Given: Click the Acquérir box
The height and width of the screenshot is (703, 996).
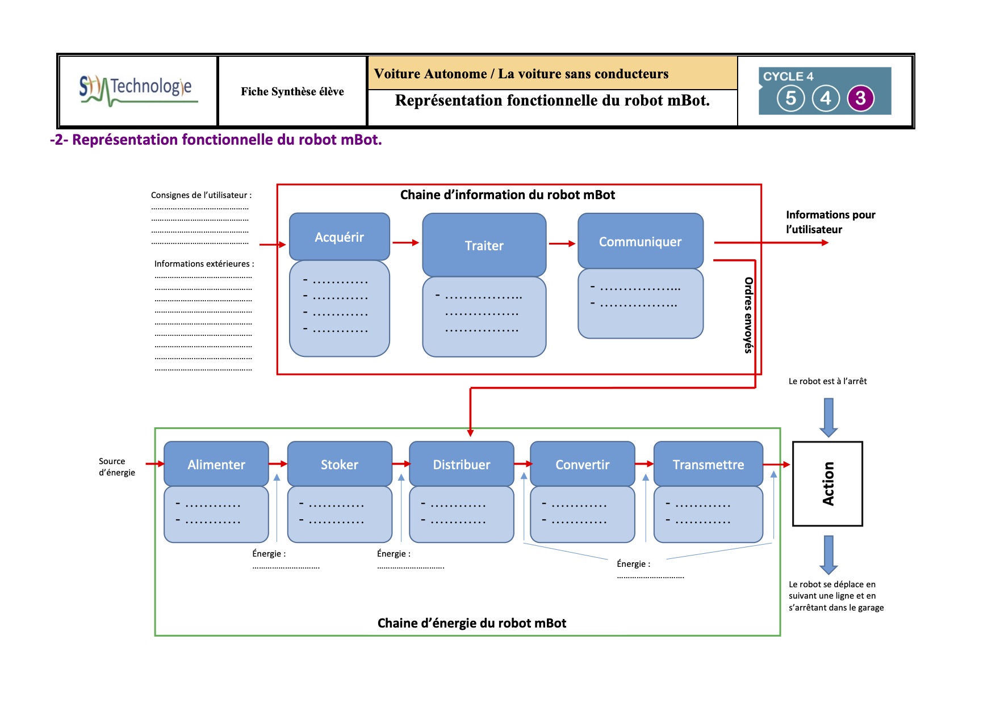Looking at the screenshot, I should click(340, 237).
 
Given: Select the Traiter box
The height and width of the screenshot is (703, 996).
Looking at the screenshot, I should click(484, 245).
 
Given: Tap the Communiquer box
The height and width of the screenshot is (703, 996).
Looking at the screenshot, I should click(640, 242).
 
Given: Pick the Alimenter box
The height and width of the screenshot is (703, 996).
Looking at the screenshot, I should click(216, 465).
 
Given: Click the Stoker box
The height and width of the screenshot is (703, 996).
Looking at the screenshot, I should click(340, 465).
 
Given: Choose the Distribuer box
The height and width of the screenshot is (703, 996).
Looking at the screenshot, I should click(461, 465).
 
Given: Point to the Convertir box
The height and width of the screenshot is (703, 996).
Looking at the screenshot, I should click(582, 465).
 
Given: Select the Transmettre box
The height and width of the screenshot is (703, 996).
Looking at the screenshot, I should click(708, 465).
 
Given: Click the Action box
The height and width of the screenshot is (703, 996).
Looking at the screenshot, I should click(827, 483).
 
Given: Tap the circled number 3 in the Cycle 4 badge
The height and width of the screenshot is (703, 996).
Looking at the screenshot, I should click(861, 98).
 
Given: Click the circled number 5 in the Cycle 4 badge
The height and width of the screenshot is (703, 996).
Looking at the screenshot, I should click(790, 98).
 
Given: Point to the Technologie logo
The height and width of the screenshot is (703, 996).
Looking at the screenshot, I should click(138, 90).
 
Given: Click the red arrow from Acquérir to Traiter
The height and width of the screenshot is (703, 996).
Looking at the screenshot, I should click(405, 243).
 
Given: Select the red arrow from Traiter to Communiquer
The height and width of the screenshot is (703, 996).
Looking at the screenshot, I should click(562, 244).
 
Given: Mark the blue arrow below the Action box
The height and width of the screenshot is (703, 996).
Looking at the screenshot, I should click(828, 554).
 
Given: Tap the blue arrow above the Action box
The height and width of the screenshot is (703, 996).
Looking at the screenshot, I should click(828, 417).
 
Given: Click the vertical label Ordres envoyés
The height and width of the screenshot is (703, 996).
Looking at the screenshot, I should click(748, 315).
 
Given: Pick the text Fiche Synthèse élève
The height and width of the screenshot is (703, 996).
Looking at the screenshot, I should click(292, 92).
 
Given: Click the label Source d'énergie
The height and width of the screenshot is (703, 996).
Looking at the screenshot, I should click(117, 467).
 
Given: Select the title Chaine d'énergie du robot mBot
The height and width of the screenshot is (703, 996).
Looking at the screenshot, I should click(471, 623).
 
